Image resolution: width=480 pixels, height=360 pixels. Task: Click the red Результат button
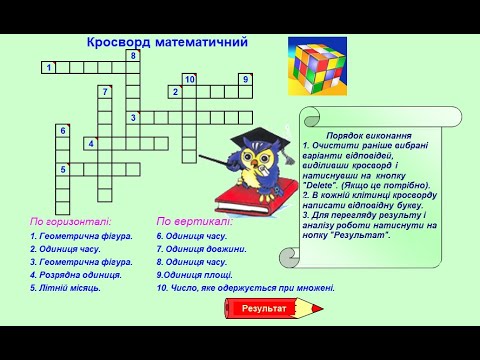click(x=263, y=309)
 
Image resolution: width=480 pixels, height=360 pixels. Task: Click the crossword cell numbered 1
click(x=48, y=67)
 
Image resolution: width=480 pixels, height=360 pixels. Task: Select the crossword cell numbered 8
click(x=133, y=56)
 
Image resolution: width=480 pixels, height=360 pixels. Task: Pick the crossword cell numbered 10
click(x=189, y=79)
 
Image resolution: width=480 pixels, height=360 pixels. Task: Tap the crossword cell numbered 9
click(x=245, y=79)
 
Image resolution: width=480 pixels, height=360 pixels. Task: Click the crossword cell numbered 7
click(x=104, y=92)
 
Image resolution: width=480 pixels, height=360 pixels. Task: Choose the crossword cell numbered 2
click(x=175, y=92)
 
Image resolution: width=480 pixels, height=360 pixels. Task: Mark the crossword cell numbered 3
click(x=133, y=118)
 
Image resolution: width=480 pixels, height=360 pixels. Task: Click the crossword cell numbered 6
click(x=62, y=131)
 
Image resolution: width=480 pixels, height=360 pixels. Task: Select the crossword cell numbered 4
click(x=90, y=144)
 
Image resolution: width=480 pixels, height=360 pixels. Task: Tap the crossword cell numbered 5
click(x=62, y=170)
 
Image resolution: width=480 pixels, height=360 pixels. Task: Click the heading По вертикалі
click(x=194, y=221)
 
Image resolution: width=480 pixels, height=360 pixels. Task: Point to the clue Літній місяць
click(x=65, y=287)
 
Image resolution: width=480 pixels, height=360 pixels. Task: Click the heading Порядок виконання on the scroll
click(x=369, y=135)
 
